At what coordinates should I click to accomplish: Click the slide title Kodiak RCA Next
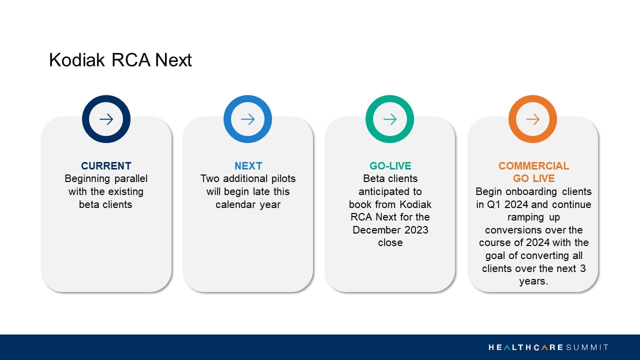pyautogui.click(x=120, y=60)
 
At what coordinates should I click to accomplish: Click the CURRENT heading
pyautogui.click(x=106, y=165)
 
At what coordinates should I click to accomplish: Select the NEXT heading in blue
pyautogui.click(x=248, y=165)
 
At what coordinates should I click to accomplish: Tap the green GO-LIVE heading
pyautogui.click(x=390, y=165)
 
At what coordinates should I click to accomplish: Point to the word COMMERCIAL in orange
pyautogui.click(x=533, y=165)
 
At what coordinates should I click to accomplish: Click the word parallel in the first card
pyautogui.click(x=131, y=179)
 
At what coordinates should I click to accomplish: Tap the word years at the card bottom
pyautogui.click(x=533, y=281)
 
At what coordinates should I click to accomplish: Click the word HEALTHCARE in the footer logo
pyautogui.click(x=526, y=347)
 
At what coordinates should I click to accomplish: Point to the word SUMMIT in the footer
pyautogui.click(x=587, y=347)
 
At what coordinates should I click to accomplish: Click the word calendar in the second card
pyautogui.click(x=235, y=204)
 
